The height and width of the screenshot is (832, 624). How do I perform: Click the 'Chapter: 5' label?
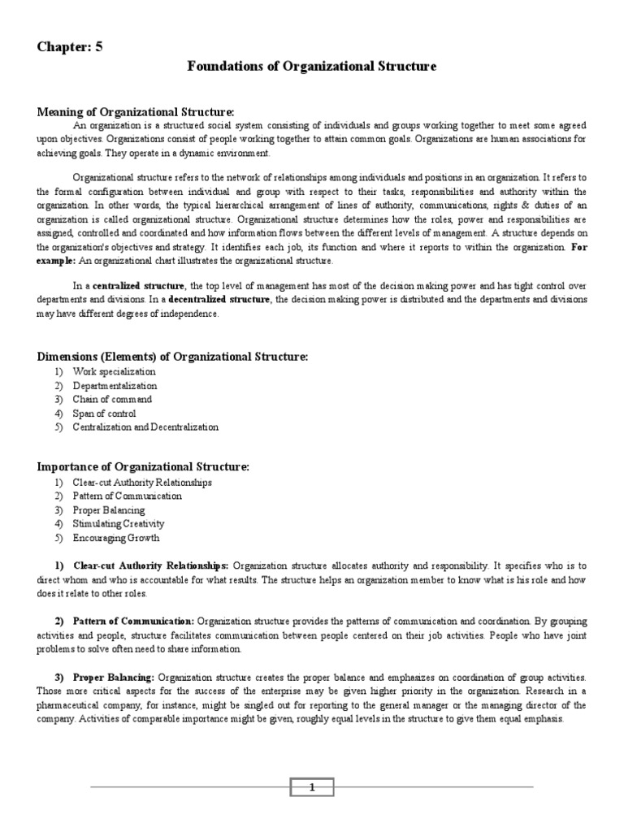coord(70,46)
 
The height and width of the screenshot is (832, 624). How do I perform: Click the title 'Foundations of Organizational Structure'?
coord(311,67)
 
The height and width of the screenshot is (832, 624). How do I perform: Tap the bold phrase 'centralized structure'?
coord(140,286)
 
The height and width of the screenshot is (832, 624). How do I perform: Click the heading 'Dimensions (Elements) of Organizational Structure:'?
coord(173,357)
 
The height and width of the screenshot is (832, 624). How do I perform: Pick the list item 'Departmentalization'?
coord(115,385)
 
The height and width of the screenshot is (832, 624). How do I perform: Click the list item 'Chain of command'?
coord(112,399)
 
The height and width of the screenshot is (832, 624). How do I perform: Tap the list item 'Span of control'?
coord(104,413)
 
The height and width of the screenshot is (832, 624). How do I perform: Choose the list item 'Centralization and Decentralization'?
coord(145,427)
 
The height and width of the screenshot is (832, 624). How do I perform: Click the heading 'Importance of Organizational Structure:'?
coord(143,467)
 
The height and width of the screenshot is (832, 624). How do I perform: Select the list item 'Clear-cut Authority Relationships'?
coord(142,482)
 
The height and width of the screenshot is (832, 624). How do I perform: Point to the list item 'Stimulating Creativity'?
coord(118,523)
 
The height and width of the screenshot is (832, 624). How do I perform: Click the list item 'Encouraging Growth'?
coord(115,537)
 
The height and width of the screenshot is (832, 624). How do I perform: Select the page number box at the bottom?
coord(312,786)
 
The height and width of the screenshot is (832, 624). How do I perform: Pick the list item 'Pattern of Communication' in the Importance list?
coord(127,496)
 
